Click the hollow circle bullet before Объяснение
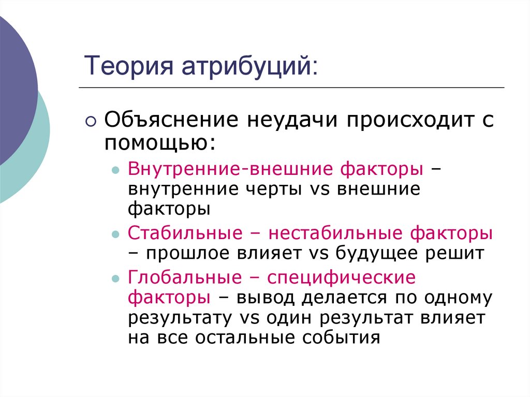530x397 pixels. (x=91, y=122)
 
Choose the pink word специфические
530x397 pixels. (x=341, y=277)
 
